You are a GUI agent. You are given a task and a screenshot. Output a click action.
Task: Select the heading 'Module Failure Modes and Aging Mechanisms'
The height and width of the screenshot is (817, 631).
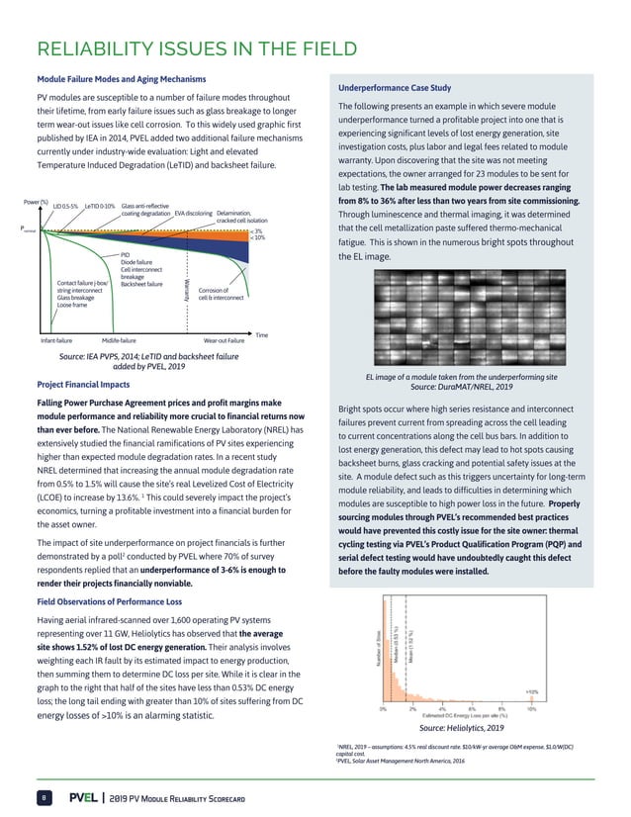pyautogui.click(x=121, y=79)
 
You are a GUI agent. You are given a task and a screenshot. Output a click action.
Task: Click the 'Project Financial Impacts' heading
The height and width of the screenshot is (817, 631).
pyautogui.click(x=83, y=384)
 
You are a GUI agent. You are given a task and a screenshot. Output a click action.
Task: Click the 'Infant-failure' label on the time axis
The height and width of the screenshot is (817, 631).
pyautogui.click(x=57, y=339)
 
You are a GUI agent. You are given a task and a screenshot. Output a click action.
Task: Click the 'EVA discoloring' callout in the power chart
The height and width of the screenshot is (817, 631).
pyautogui.click(x=194, y=213)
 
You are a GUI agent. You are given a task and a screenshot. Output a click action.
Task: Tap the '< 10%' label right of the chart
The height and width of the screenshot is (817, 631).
pyautogui.click(x=257, y=238)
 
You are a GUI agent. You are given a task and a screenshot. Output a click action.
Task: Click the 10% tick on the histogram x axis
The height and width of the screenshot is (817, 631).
pyautogui.click(x=531, y=707)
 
